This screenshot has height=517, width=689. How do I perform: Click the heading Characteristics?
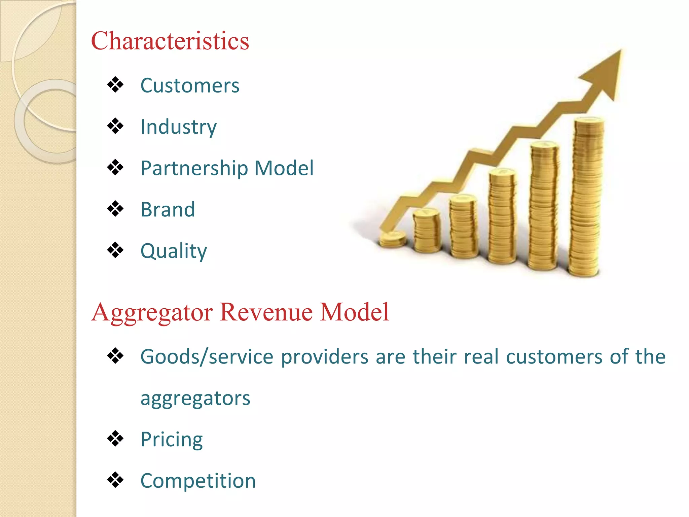pyautogui.click(x=170, y=41)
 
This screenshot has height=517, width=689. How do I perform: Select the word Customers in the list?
pyautogui.click(x=190, y=85)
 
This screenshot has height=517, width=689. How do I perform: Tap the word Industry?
pyautogui.click(x=179, y=127)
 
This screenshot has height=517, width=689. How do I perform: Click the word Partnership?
pyautogui.click(x=194, y=168)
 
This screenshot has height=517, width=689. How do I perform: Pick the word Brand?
pyautogui.click(x=168, y=209)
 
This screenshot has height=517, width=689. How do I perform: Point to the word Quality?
pyautogui.click(x=174, y=251)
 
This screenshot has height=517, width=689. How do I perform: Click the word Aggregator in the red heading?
pyautogui.click(x=152, y=312)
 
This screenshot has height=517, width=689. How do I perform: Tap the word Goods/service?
pyautogui.click(x=207, y=357)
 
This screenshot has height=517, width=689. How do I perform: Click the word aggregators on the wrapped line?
pyautogui.click(x=195, y=398)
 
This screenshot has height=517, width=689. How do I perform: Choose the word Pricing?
pyautogui.click(x=172, y=440)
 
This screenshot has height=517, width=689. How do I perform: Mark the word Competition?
pyautogui.click(x=198, y=481)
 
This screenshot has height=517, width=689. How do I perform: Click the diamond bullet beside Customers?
pyautogui.click(x=115, y=85)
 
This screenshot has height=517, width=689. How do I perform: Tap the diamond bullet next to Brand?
pyautogui.click(x=115, y=209)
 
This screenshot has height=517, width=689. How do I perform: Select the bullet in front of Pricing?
pyautogui.click(x=115, y=439)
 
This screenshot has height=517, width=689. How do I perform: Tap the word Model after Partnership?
pyautogui.click(x=284, y=168)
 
